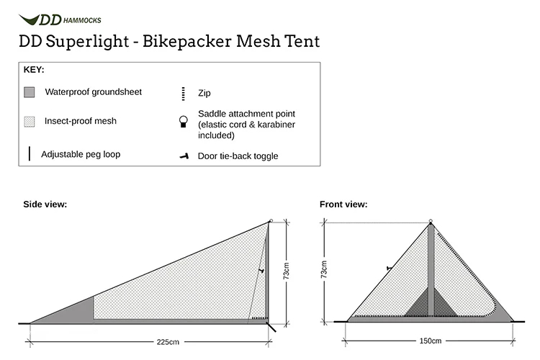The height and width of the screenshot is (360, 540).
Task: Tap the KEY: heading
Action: pyautogui.click(x=34, y=70)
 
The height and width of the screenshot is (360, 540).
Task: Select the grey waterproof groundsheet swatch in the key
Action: pyautogui.click(x=29, y=93)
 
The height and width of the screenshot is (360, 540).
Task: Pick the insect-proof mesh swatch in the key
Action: pyautogui.click(x=29, y=122)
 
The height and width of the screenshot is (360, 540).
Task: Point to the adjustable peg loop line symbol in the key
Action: pyautogui.click(x=29, y=154)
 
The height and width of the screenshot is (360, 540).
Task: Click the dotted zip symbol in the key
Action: pyautogui.click(x=184, y=93)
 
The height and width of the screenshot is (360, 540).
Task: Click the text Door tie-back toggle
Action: pyautogui.click(x=238, y=156)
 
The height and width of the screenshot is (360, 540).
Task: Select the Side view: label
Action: pyautogui.click(x=45, y=204)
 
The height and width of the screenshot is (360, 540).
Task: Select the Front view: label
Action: pyautogui.click(x=343, y=204)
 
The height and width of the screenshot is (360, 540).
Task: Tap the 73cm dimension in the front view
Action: pyautogui.click(x=325, y=271)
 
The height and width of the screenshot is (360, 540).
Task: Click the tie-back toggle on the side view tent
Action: pyautogui.click(x=261, y=271)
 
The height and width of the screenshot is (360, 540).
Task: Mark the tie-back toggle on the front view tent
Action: pyautogui.click(x=390, y=269)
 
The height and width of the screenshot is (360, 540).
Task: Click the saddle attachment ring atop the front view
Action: pyautogui.click(x=430, y=221)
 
